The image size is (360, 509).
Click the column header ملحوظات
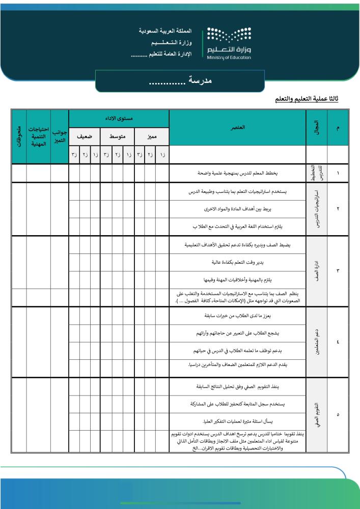[19, 136]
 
